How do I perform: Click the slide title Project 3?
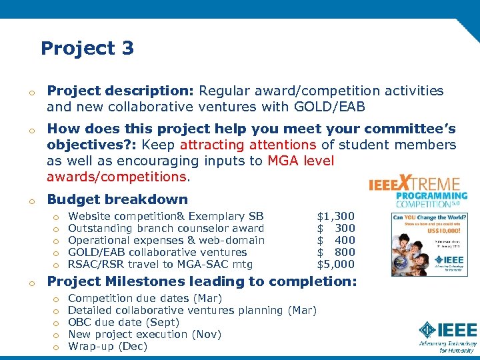[x=87, y=48]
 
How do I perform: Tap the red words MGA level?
[x=301, y=161]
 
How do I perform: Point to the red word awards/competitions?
[x=117, y=177]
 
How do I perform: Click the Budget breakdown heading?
[x=117, y=199]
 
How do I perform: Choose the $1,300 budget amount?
[x=335, y=216]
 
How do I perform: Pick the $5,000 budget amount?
[x=335, y=264]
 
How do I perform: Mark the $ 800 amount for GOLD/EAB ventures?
[x=335, y=252]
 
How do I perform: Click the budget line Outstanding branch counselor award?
[x=166, y=228]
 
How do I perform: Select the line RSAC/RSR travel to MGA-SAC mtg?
[x=161, y=264]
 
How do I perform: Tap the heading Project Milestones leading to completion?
[x=202, y=281]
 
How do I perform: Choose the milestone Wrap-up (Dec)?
[x=107, y=346]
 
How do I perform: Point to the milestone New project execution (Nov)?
[x=145, y=334]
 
